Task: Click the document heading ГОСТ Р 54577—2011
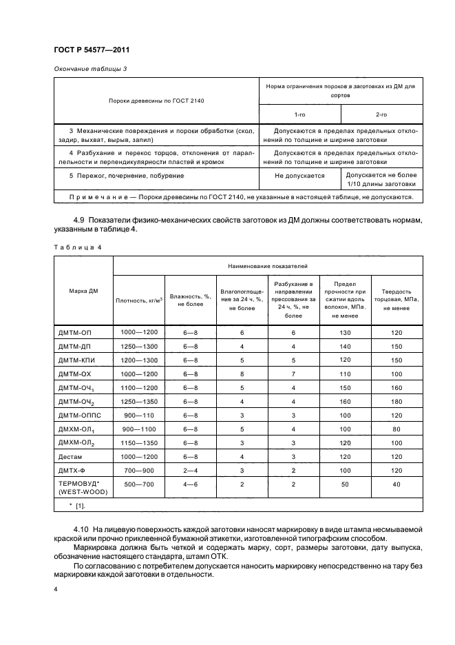click(x=92, y=51)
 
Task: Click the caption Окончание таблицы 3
click(x=89, y=69)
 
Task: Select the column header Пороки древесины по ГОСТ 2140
click(x=156, y=101)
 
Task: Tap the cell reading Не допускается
click(x=299, y=176)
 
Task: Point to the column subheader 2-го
click(x=381, y=114)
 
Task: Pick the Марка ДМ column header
click(x=84, y=291)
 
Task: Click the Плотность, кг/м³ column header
click(x=138, y=300)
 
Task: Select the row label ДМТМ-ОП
click(x=76, y=333)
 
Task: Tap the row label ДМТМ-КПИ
click(x=78, y=360)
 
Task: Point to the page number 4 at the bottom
click(x=55, y=591)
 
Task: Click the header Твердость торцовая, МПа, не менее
click(x=396, y=300)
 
